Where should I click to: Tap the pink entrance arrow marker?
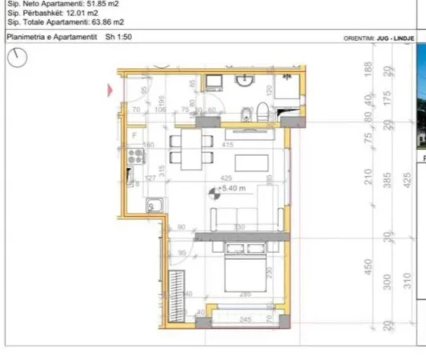tap(110, 90)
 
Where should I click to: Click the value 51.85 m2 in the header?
tap(92, 4)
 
